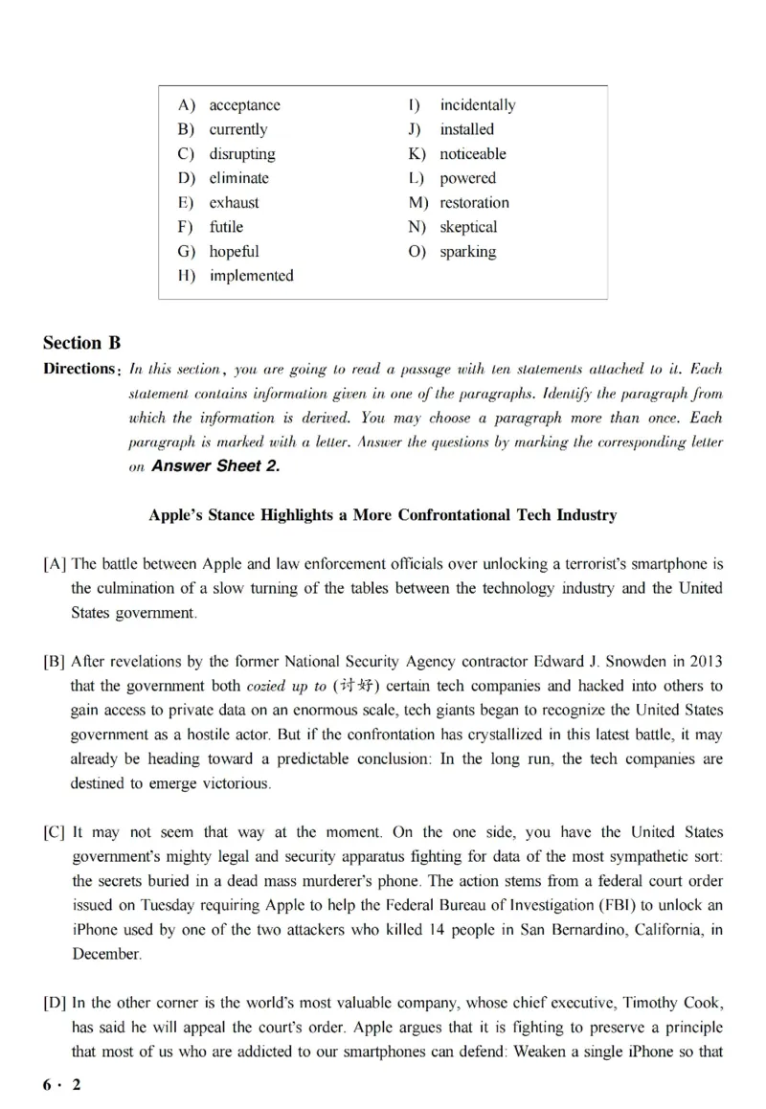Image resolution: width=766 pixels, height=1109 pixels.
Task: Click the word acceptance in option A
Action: (244, 105)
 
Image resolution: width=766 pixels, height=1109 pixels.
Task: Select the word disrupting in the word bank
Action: (241, 154)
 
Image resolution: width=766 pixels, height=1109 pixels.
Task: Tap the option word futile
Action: (226, 227)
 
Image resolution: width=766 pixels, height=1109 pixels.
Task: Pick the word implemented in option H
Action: (251, 276)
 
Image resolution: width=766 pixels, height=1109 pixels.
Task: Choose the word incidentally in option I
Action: (477, 105)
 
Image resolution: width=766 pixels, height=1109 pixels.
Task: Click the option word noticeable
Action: (472, 154)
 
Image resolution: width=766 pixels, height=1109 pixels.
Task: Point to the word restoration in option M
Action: (474, 203)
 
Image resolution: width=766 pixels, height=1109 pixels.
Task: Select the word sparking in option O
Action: (467, 252)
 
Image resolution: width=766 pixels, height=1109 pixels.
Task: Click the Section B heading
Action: (82, 343)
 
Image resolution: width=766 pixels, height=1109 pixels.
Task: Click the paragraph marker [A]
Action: (55, 564)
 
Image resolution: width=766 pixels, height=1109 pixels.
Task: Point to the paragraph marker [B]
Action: (55, 662)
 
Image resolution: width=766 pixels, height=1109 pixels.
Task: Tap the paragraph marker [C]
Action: (55, 832)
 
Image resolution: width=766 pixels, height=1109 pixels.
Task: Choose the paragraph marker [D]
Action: (55, 1003)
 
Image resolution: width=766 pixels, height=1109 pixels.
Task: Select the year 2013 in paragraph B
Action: (704, 662)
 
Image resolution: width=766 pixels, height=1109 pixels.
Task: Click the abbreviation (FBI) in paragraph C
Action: (603, 905)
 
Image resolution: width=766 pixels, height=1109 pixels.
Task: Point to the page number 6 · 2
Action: (62, 1085)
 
